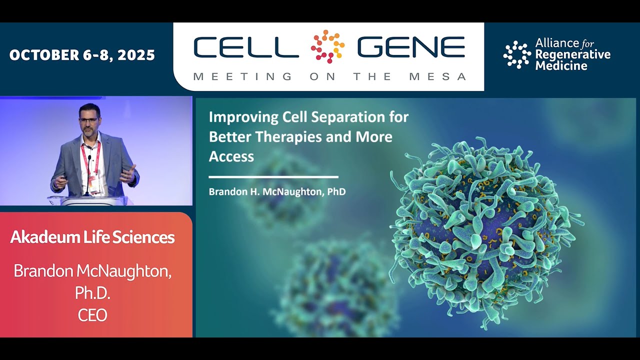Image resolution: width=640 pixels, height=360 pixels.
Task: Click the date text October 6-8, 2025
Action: point(82,55)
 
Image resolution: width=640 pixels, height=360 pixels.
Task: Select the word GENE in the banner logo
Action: point(410,47)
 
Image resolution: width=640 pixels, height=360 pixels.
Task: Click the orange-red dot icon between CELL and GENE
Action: point(327,46)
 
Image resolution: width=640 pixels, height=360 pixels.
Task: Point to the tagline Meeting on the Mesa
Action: point(329,76)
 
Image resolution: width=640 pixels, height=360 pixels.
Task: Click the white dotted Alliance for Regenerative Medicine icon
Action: point(516,54)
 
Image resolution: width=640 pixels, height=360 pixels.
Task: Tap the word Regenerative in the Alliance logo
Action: point(572,54)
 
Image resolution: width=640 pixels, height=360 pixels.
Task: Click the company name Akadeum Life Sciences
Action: point(92,237)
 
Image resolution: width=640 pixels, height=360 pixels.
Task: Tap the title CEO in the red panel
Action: point(92,315)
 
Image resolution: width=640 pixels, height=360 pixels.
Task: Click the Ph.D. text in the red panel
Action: point(92,293)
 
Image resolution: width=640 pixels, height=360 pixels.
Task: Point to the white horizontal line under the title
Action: point(273,177)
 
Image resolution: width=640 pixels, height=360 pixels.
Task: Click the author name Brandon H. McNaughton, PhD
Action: point(277,191)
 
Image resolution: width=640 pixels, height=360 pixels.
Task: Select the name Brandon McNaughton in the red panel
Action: point(92,271)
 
